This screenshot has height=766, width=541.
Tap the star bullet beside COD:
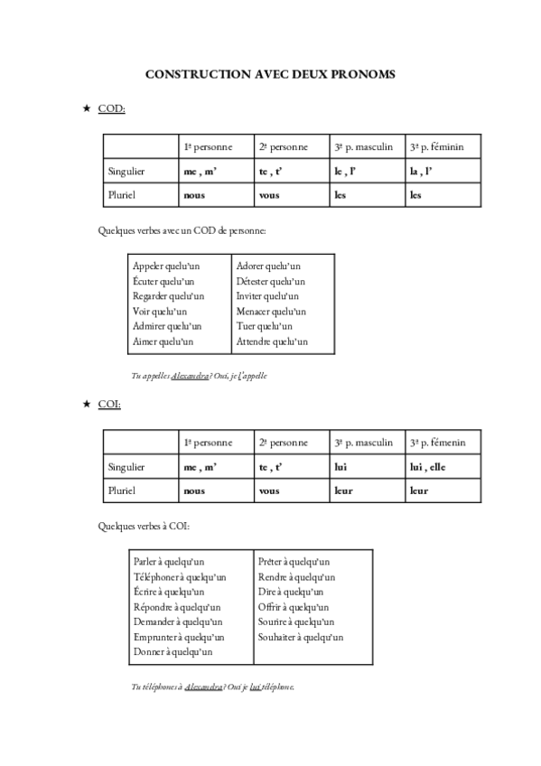(x=87, y=108)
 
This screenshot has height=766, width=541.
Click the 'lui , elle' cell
(x=429, y=467)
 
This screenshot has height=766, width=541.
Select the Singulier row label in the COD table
(x=126, y=171)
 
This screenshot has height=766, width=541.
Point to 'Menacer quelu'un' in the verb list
(x=272, y=312)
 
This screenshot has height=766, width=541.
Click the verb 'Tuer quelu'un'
(x=265, y=327)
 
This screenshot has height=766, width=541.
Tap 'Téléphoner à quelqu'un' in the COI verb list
(x=179, y=577)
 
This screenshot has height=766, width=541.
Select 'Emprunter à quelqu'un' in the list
(x=177, y=637)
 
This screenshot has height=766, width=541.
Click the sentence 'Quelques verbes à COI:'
(x=144, y=526)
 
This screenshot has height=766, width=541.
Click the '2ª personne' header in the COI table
(x=283, y=443)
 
